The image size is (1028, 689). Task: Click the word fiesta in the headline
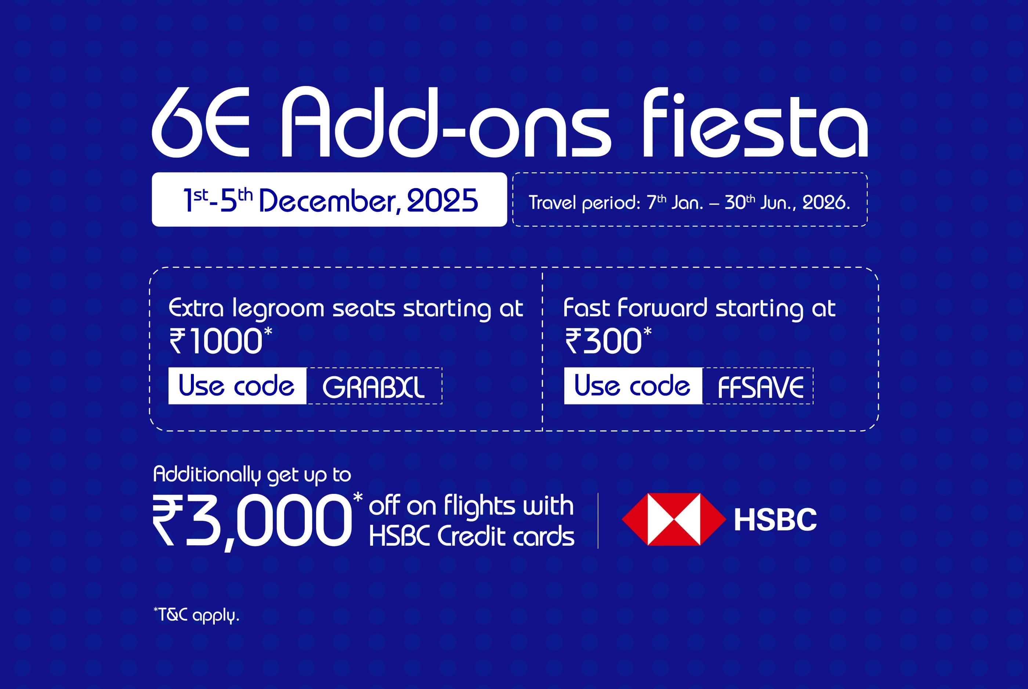[x=756, y=122]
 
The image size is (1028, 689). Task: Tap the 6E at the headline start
[x=200, y=122]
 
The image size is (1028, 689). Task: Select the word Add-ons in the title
[x=446, y=122]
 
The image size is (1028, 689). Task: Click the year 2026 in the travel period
[x=826, y=202]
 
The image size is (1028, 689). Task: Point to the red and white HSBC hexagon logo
[x=674, y=519]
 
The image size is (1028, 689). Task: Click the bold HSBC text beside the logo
[x=775, y=520]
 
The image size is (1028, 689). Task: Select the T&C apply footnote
[x=196, y=615]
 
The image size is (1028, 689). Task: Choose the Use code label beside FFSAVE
[x=633, y=386]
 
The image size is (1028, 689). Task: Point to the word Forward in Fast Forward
[x=662, y=308]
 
